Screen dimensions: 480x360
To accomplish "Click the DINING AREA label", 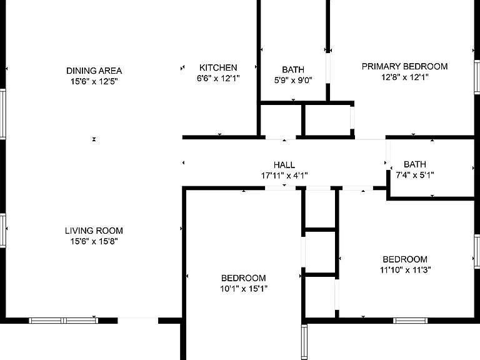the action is coord(94,71).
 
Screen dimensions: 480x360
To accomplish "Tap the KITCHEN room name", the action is coord(218,67).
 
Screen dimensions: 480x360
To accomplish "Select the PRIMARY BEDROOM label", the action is coord(405,66).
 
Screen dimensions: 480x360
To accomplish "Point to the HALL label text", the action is coord(284,165).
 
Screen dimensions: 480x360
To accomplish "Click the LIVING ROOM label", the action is coord(94,231).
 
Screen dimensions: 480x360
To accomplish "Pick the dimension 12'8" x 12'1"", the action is coord(405,77).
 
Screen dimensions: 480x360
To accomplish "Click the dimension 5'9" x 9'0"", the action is coord(293,80).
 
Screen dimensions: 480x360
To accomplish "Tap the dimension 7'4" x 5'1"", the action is coord(415,175).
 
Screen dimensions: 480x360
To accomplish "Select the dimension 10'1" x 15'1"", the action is coord(244,289).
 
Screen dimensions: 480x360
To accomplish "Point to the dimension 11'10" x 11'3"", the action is coord(405,270).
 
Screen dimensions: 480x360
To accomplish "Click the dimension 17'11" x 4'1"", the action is coord(284,176).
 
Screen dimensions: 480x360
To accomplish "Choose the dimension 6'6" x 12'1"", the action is coord(218,78).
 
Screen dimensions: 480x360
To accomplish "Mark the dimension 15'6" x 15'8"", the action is coord(94,241).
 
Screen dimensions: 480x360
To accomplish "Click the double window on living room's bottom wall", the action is coord(64,321).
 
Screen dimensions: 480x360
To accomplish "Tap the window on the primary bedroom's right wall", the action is coord(477,77).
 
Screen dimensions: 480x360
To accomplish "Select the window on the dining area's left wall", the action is coord(2,114).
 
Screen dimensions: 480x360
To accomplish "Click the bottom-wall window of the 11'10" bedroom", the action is coord(411,321).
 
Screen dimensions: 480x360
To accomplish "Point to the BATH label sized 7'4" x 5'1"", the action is coord(415,164).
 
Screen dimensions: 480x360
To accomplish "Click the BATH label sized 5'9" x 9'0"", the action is coord(293,69).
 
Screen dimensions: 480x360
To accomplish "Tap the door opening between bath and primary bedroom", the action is coord(328,68).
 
